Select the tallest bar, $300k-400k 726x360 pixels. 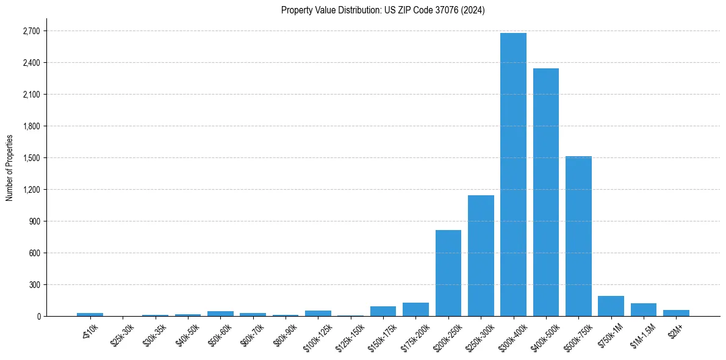click(x=513, y=175)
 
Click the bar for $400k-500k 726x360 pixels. click(x=546, y=192)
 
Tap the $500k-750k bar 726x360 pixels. click(x=578, y=236)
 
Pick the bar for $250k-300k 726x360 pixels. click(x=481, y=256)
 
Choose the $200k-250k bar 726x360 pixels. click(x=448, y=273)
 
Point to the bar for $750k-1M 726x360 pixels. click(x=611, y=306)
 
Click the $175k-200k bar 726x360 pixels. click(x=415, y=309)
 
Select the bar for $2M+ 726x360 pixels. click(x=676, y=313)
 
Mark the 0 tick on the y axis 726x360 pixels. click(x=38, y=317)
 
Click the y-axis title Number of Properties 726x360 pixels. click(x=9, y=168)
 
